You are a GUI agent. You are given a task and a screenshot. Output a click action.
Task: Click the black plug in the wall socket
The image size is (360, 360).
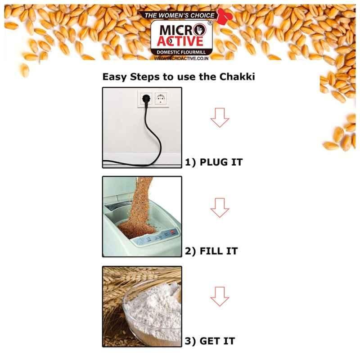pyautogui.click(x=146, y=99)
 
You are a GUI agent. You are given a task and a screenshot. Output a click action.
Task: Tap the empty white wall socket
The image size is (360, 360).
pyautogui.click(x=161, y=99)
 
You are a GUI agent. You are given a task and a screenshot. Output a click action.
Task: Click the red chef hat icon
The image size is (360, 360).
pyautogui.click(x=225, y=16)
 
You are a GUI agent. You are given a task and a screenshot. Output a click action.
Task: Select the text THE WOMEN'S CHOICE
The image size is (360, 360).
pyautogui.click(x=179, y=15)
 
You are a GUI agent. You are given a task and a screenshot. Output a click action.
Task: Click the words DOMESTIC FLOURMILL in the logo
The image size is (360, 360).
pyautogui.click(x=181, y=52)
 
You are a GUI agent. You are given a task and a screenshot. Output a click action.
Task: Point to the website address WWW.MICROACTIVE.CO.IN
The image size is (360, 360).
pyautogui.click(x=181, y=58)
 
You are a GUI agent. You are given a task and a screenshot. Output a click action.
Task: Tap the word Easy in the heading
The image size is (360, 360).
pyautogui.click(x=114, y=77)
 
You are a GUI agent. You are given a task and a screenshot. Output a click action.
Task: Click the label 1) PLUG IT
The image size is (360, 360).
pyautogui.click(x=214, y=162)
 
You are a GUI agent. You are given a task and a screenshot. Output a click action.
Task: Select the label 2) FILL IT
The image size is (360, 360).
pyautogui.click(x=211, y=251)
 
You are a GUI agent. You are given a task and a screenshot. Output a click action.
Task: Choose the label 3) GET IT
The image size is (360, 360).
pyautogui.click(x=210, y=341)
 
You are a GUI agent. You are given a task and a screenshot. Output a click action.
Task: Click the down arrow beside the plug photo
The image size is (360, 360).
pyautogui.click(x=220, y=117)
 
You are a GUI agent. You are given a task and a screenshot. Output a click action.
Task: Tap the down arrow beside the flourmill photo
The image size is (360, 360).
pyautogui.click(x=220, y=207)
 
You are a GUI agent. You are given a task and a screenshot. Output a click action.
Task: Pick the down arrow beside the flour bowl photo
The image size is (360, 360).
pyautogui.click(x=220, y=297)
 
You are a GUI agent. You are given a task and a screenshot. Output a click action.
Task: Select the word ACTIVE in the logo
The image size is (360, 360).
pyautogui.click(x=180, y=41)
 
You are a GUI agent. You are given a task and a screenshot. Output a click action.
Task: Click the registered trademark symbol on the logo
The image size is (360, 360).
pyautogui.click(x=210, y=23)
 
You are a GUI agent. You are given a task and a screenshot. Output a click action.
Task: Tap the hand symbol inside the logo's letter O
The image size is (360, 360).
pyautogui.click(x=200, y=30)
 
